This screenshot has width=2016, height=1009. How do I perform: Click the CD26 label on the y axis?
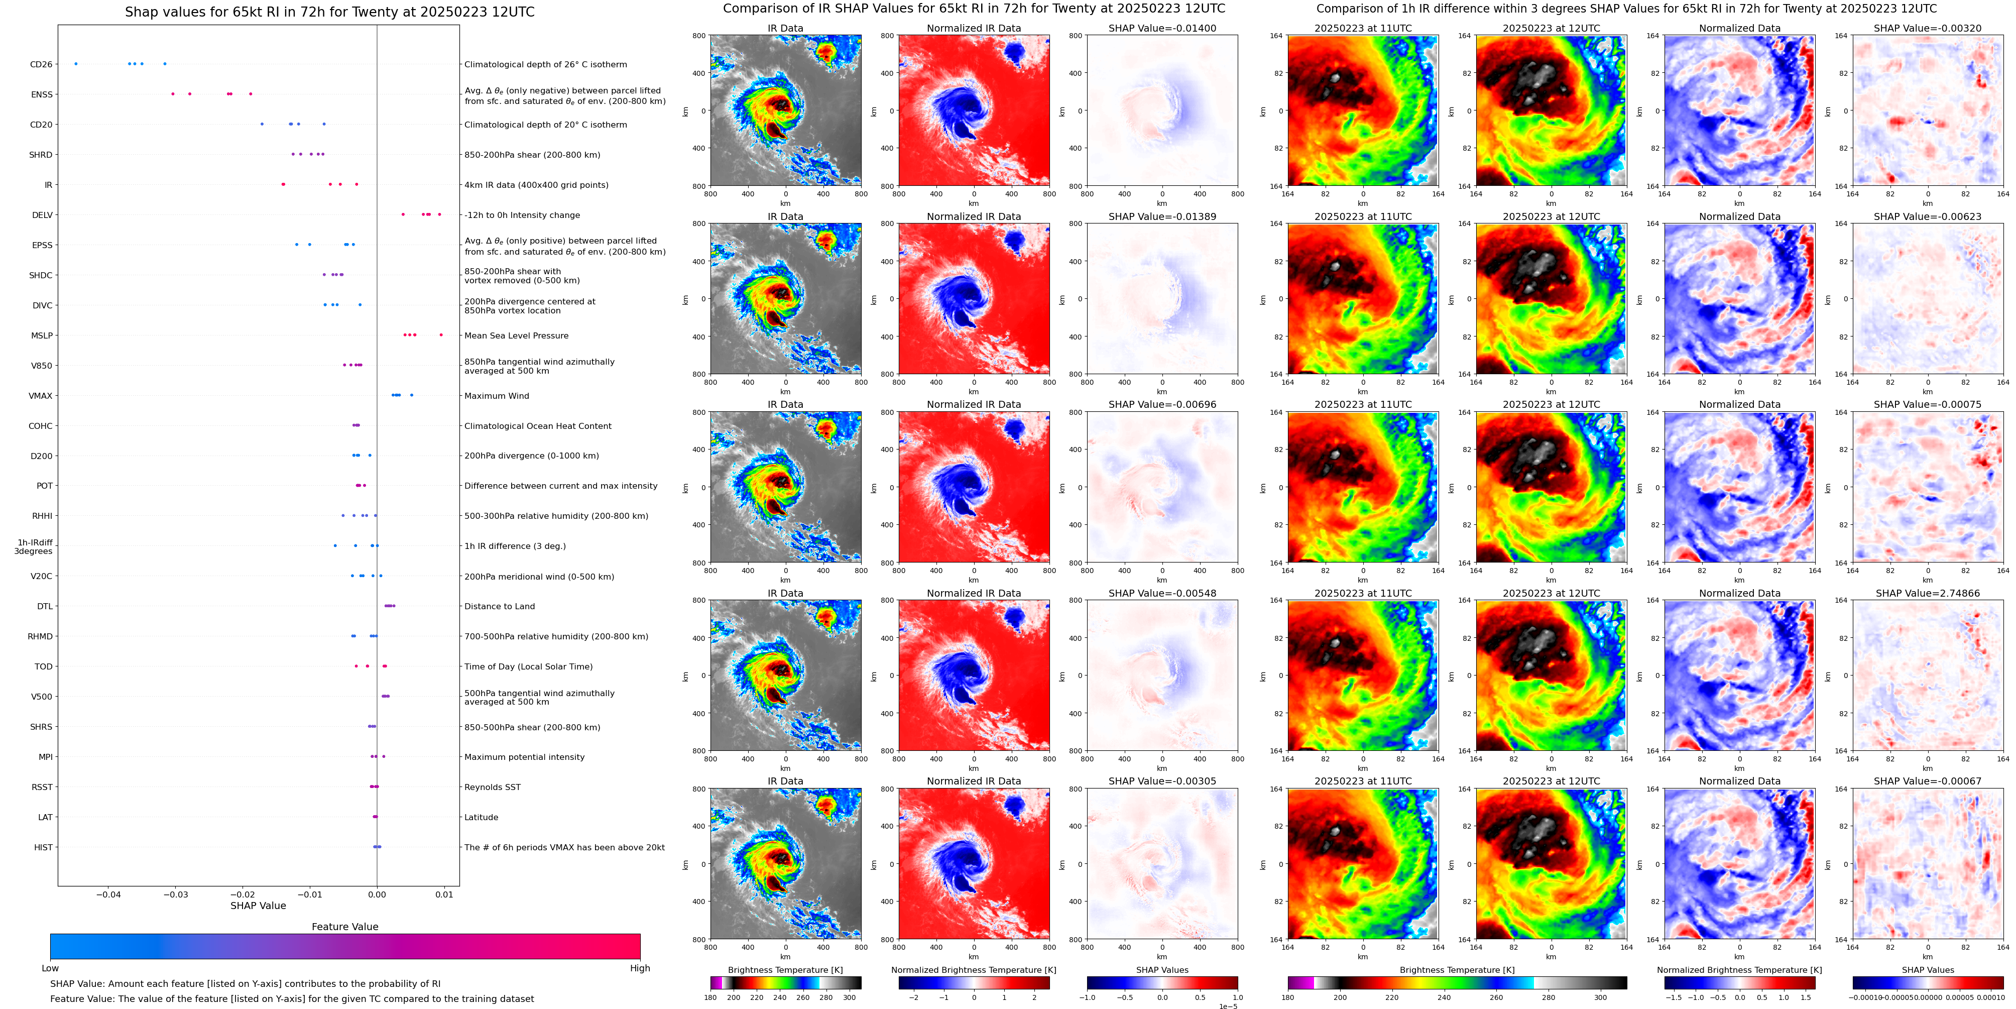[x=41, y=64]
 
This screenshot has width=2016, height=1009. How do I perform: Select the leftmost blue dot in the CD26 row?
[x=75, y=63]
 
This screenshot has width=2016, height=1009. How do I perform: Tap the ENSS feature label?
[x=42, y=95]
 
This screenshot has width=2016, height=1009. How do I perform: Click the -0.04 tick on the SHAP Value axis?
[x=108, y=894]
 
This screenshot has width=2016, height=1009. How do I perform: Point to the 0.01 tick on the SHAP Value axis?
[x=444, y=894]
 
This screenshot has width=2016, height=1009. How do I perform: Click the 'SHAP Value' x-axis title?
[x=258, y=906]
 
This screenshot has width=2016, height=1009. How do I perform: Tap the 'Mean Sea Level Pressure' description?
[x=516, y=336]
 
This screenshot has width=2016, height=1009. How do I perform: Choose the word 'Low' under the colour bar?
[x=50, y=968]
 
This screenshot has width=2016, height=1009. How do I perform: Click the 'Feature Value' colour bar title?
[x=344, y=927]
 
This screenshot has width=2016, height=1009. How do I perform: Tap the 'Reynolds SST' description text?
[x=492, y=788]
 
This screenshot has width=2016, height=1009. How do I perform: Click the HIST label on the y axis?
[x=43, y=848]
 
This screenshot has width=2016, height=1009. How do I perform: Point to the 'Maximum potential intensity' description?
[x=524, y=757]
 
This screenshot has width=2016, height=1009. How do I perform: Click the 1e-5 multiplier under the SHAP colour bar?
[x=1228, y=1006]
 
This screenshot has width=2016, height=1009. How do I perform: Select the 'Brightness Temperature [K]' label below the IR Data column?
[x=785, y=970]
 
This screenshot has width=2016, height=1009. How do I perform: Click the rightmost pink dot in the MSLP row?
[x=441, y=335]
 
